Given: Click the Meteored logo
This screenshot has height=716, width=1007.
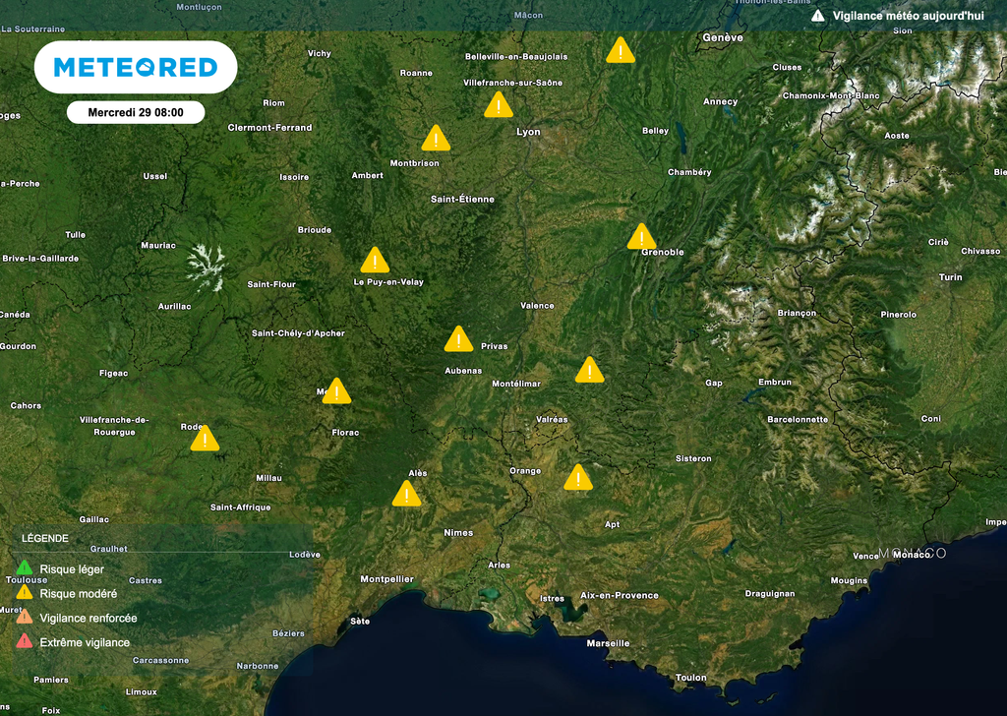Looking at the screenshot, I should click(x=136, y=67).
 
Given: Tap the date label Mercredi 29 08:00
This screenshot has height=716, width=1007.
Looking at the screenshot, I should click(x=136, y=112).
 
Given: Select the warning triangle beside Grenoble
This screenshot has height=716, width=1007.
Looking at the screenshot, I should click(x=641, y=237).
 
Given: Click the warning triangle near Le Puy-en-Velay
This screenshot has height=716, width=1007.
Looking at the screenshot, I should click(x=375, y=261).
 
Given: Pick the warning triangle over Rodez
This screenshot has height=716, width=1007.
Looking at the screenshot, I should click(x=205, y=439).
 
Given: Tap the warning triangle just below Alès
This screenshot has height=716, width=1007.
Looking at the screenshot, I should click(x=406, y=494).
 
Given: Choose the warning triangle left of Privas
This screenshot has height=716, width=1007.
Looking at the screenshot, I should click(x=458, y=340).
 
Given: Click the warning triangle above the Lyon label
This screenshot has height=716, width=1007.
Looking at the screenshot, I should click(x=499, y=105).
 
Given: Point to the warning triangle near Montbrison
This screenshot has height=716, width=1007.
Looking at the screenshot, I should click(x=436, y=139).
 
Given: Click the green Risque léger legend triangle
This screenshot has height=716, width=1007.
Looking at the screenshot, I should click(x=25, y=568).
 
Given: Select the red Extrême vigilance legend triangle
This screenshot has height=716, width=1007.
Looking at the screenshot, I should click(x=25, y=642).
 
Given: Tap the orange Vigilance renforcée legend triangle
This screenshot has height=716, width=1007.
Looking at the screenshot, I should click(x=25, y=618).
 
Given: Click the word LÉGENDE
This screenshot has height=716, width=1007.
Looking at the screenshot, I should click(x=45, y=539).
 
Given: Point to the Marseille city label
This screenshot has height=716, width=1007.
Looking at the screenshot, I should click(x=608, y=643).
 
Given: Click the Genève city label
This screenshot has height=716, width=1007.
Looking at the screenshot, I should click(x=723, y=37).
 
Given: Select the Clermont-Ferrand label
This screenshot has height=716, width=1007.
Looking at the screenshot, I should click(x=269, y=128).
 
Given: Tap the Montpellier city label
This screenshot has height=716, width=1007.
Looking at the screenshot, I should click(x=386, y=579).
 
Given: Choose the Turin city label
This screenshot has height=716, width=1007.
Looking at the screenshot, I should click(x=950, y=277).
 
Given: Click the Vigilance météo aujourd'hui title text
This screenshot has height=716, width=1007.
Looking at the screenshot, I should click(x=908, y=16).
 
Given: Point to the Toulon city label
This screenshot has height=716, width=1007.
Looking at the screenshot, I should click(x=690, y=678).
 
